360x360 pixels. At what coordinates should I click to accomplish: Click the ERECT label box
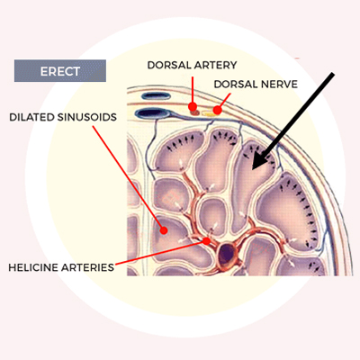(60, 71)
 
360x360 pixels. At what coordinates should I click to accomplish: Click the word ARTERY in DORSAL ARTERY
(215, 65)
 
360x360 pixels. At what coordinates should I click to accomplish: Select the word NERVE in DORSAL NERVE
(279, 84)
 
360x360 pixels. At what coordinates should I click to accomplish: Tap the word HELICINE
(33, 267)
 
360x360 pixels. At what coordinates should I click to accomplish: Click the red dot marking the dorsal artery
(193, 106)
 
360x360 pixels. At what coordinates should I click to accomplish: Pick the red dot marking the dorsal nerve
(218, 110)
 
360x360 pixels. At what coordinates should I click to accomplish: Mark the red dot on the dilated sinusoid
(164, 230)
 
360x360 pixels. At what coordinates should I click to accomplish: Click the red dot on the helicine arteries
(206, 240)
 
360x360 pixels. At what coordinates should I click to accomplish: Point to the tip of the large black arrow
(253, 169)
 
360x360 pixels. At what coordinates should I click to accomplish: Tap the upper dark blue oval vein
(156, 96)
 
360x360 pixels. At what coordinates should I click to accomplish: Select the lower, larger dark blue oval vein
(152, 113)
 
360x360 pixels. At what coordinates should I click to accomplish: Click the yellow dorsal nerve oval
(208, 113)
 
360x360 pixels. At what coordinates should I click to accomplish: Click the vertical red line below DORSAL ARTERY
(193, 90)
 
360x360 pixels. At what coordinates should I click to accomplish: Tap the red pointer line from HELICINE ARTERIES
(160, 253)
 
